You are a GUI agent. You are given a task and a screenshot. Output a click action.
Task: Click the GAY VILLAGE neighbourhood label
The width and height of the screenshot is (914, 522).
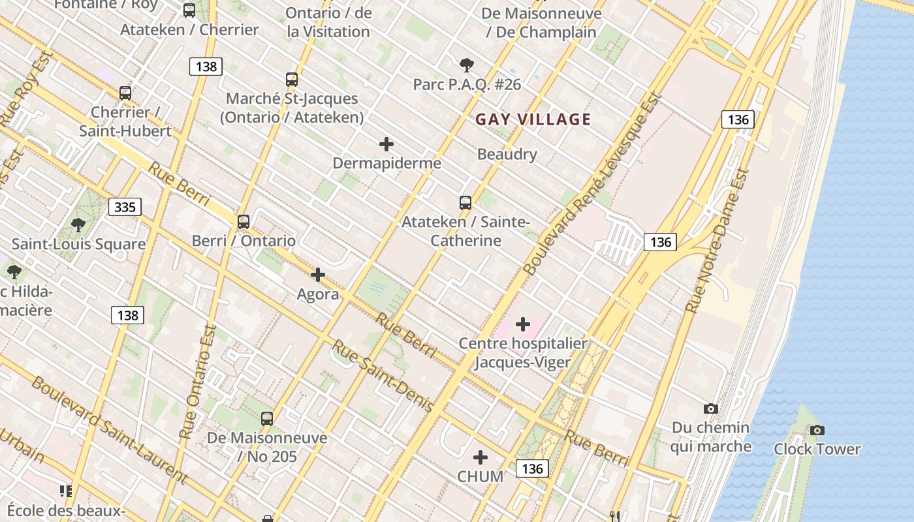(533, 119)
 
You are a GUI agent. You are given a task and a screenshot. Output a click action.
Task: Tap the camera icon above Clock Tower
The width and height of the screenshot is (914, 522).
(817, 430)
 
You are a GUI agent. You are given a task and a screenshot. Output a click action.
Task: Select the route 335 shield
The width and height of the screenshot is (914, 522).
(125, 207)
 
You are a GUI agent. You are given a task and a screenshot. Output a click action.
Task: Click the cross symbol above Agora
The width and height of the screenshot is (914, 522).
(318, 275)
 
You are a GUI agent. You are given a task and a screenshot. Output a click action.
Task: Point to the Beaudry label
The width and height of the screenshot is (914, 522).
(507, 155)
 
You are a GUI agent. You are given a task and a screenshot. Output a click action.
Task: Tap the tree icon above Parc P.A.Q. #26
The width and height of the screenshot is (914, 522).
(466, 65)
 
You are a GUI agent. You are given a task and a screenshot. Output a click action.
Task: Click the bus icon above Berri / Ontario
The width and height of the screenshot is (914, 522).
(244, 222)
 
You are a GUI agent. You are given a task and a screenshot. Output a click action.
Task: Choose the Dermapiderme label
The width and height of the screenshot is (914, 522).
(387, 163)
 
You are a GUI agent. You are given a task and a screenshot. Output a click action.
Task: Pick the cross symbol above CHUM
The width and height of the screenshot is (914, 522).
(481, 457)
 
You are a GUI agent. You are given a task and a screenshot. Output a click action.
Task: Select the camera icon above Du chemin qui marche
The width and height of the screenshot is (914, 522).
(711, 408)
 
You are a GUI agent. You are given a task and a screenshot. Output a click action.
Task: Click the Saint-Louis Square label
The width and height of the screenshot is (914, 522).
(78, 245)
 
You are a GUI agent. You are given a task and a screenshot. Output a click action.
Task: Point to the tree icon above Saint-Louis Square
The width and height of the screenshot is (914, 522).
(78, 225)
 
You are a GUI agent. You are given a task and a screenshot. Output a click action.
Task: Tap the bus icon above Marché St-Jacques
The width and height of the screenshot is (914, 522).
(292, 80)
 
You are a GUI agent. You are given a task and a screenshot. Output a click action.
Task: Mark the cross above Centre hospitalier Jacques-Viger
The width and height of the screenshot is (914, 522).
(523, 324)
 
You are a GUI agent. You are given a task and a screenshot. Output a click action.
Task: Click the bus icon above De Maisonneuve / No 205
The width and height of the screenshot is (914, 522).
(267, 418)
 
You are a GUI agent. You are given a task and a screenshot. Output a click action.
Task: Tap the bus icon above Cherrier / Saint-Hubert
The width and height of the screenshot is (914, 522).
(125, 93)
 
